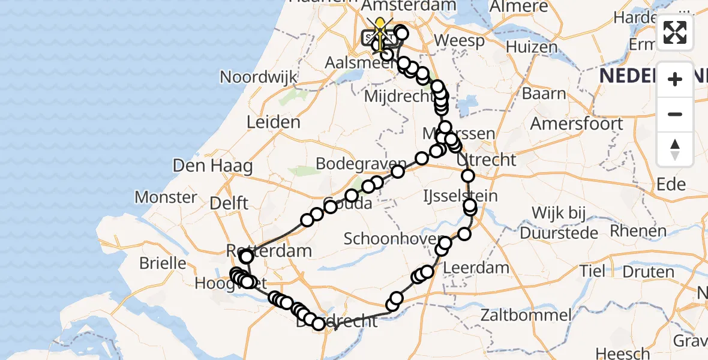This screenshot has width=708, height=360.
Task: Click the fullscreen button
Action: point(675,32)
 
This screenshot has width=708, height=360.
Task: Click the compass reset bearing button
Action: point(675,149)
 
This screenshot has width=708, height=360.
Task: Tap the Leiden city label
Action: point(273,122)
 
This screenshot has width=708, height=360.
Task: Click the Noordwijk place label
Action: point(259,77)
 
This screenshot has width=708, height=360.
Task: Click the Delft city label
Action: point(229,203)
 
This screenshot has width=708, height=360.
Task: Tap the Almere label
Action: point(519,7)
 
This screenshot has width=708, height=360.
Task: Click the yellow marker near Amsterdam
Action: point(380,26)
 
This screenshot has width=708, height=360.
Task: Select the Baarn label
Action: point(544,94)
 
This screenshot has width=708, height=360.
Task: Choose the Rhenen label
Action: point(643,230)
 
